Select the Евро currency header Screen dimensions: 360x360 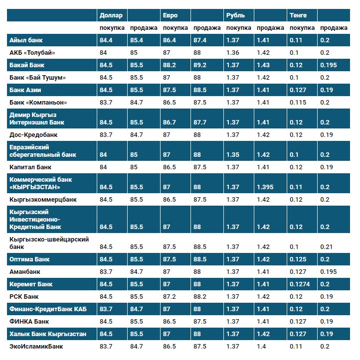[x=171, y=15]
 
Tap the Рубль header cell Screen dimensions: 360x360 [x=235, y=15]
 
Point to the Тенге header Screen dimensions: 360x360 [x=298, y=15]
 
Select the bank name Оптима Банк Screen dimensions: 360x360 [x=29, y=259]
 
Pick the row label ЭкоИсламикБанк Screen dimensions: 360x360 [x=36, y=346]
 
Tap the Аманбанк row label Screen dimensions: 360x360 [x=25, y=272]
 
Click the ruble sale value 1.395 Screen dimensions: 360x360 [x=265, y=187]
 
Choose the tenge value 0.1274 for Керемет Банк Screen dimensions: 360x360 [x=299, y=284]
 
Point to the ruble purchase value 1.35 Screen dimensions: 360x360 [x=232, y=155]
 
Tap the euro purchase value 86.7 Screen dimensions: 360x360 [x=170, y=122]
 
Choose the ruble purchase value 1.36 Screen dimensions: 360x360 [x=232, y=53]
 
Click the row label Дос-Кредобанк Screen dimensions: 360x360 [x=33, y=134]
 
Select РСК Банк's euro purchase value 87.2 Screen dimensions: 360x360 [x=170, y=297]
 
